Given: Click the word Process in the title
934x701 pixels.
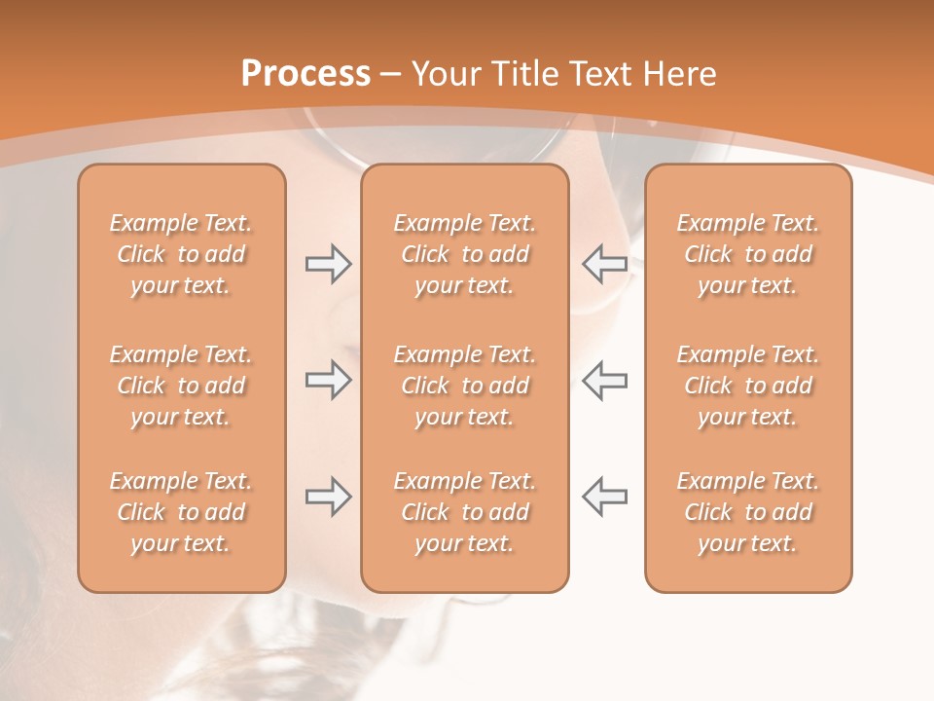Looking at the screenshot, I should [x=305, y=74].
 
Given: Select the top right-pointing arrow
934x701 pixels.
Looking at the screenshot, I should [x=328, y=264].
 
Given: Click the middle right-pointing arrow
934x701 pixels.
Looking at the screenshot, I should [x=328, y=381].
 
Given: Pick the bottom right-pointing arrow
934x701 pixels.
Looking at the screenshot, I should [x=328, y=498].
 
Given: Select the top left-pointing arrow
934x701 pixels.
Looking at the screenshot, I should [x=604, y=264].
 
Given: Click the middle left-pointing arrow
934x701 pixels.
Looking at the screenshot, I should [x=604, y=381].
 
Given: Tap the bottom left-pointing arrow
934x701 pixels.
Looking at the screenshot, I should [x=604, y=498].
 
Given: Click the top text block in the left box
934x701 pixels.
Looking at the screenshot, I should [x=181, y=254].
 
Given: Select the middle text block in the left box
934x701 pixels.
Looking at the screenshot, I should [x=181, y=386].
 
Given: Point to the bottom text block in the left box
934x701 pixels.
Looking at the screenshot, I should [x=181, y=512].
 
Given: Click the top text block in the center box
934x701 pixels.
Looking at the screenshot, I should [x=464, y=254].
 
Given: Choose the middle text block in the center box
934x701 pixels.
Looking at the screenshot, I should [x=464, y=386].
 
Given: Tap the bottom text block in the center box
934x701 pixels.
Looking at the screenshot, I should [x=464, y=512].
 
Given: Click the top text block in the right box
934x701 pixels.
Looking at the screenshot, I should [x=747, y=254].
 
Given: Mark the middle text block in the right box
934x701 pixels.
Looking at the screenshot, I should [x=747, y=386].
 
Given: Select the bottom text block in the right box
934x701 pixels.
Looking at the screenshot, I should [x=747, y=512].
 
